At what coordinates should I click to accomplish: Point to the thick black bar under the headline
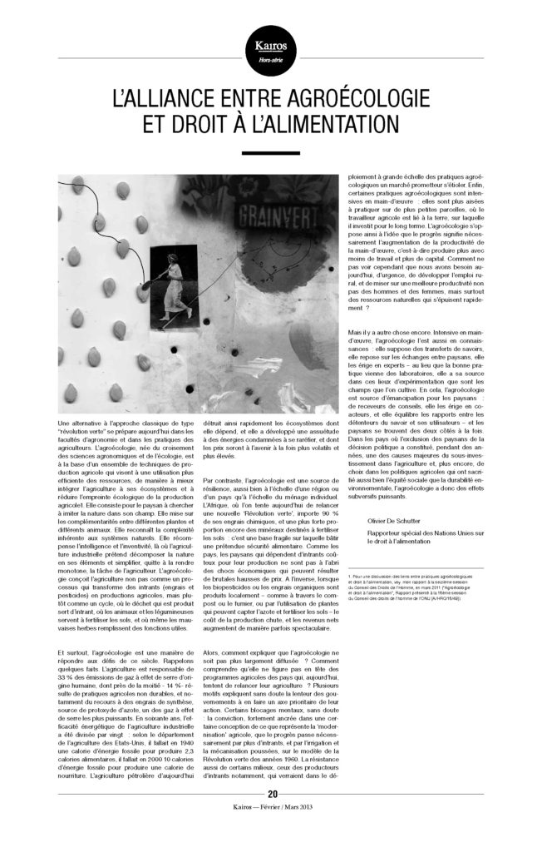tap(270, 153)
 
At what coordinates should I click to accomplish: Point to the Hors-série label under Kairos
tap(270, 60)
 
